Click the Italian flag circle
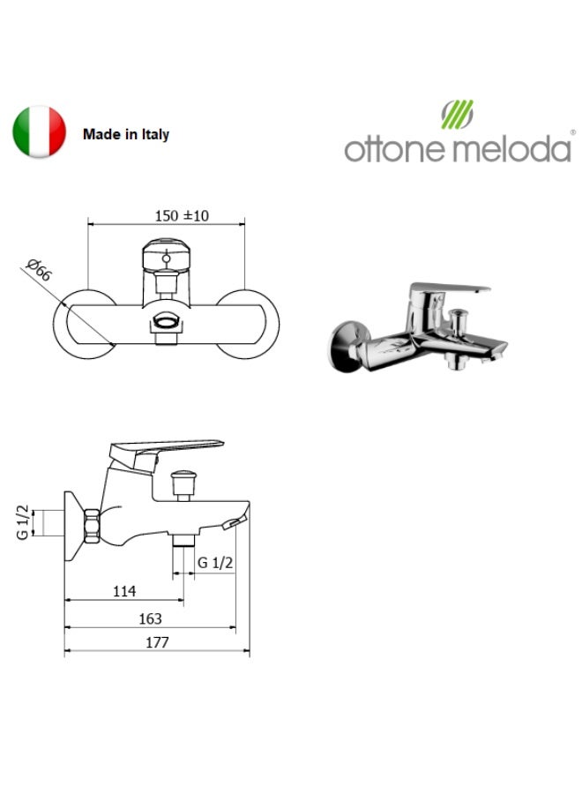click(39, 131)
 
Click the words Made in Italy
click(125, 134)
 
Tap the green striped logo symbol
click(457, 114)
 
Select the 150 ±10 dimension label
click(181, 216)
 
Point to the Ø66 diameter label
click(39, 269)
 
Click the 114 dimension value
click(124, 591)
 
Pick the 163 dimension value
click(150, 618)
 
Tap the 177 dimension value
click(157, 642)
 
